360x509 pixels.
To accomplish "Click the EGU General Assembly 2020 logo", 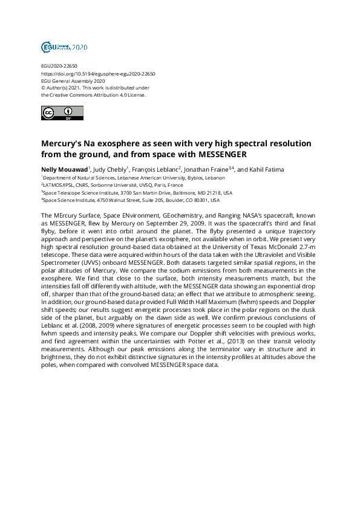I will (x=64, y=47).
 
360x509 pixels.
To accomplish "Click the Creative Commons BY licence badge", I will (x=57, y=112).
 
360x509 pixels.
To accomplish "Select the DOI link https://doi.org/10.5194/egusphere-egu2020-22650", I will (x=98, y=74).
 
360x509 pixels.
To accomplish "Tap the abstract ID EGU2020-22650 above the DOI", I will (x=59, y=66).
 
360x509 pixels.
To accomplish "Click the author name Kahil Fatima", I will (x=267, y=169).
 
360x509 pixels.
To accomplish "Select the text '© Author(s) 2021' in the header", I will (x=59, y=88).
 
